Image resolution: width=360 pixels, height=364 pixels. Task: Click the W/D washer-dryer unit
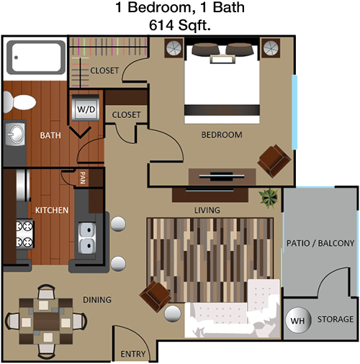[x=86, y=108]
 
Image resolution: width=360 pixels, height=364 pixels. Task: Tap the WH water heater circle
[x=298, y=320]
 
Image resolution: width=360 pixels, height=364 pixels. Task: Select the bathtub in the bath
[x=36, y=58]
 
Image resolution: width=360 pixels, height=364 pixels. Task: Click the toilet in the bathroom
[x=19, y=102]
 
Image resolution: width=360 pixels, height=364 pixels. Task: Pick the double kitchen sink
[x=87, y=238]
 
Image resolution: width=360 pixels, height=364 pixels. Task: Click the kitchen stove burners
[x=24, y=234]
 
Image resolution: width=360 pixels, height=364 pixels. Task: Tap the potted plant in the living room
[x=269, y=198]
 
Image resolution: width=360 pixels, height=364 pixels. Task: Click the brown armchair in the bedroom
[x=274, y=160]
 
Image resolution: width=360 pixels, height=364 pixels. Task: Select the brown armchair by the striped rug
[x=156, y=296]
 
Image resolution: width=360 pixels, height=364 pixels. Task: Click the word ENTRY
[x=133, y=354]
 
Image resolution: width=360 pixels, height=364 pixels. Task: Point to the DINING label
[x=97, y=300]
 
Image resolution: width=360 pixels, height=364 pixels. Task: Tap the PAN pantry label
[x=83, y=178]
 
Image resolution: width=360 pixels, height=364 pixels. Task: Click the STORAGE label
[x=336, y=319]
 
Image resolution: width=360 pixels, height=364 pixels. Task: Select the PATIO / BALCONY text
[x=320, y=243]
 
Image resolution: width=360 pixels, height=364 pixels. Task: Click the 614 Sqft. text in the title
[x=180, y=25]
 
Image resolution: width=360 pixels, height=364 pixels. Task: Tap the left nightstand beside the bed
[x=174, y=47]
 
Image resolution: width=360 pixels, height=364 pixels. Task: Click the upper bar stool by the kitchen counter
[x=118, y=224]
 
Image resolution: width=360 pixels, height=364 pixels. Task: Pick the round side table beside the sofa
[x=173, y=314]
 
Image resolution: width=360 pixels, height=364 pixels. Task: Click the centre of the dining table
[x=46, y=322]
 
